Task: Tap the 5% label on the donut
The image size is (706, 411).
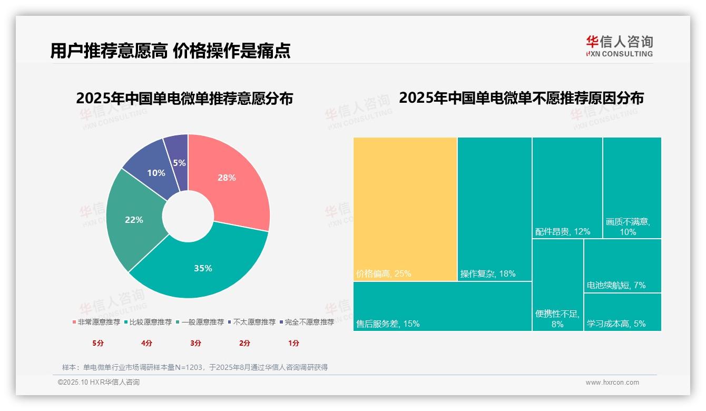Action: point(179,163)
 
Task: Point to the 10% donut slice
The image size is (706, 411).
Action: point(156,173)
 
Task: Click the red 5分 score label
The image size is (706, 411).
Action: point(99,343)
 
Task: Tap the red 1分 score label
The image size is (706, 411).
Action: point(293,343)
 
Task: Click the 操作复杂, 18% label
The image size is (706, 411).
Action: point(488,274)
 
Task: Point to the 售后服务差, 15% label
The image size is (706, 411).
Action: point(388,324)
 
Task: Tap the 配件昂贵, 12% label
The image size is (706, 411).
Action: point(563,232)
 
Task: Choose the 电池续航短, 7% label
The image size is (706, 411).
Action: point(616,286)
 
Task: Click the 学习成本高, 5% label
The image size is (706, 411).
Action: point(616,324)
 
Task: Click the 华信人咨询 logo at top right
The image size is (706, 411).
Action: point(619,46)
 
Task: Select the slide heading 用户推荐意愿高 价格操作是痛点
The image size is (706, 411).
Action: point(170,51)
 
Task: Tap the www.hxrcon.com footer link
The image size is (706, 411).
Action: point(612,383)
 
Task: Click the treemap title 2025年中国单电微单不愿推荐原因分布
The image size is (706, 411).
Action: point(521,98)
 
